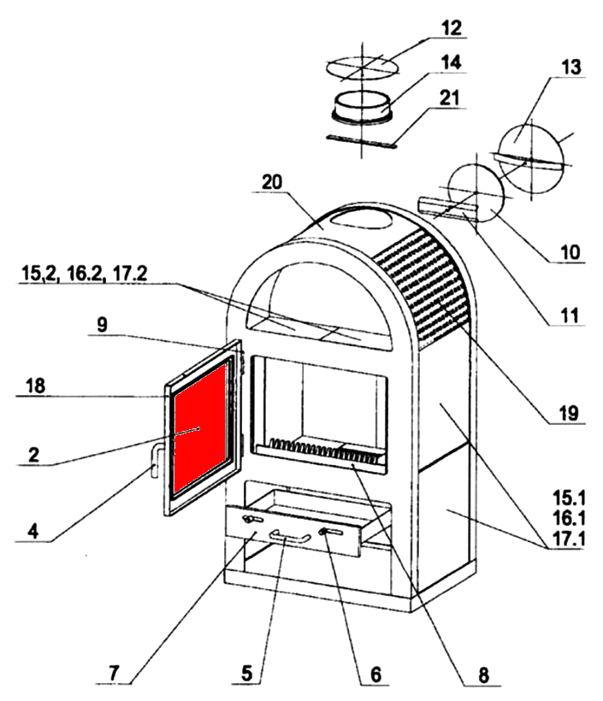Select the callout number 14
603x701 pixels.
[x=451, y=63]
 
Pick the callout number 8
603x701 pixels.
[x=483, y=674]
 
